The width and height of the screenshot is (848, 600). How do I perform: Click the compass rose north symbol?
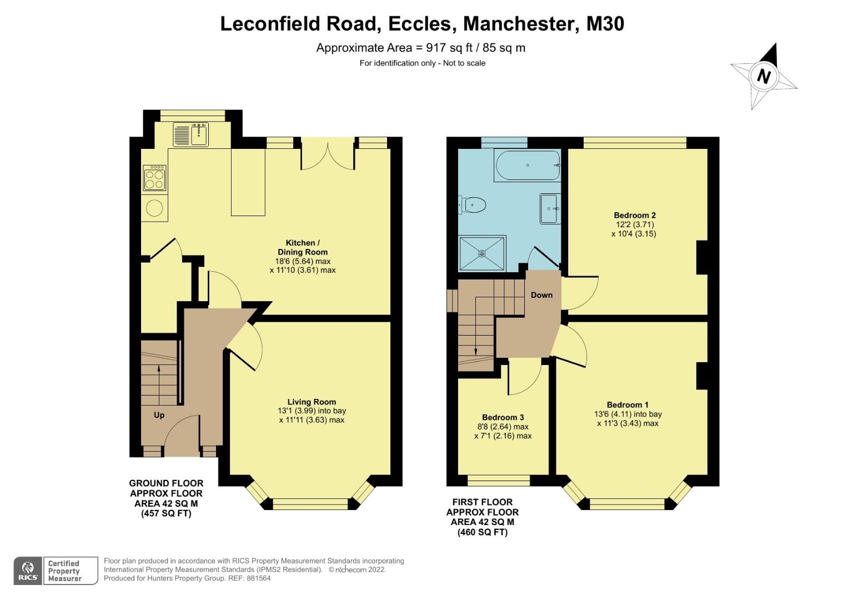pyautogui.click(x=764, y=76)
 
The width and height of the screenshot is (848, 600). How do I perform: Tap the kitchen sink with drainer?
pyautogui.click(x=190, y=134)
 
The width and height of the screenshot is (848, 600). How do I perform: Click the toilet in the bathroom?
pyautogui.click(x=473, y=205)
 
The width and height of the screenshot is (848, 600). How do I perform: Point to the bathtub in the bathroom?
pyautogui.click(x=527, y=166)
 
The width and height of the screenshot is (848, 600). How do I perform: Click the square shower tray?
pyautogui.click(x=482, y=254)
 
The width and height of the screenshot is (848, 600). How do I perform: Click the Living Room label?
pyautogui.click(x=312, y=402)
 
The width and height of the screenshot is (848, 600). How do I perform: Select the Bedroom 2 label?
pyautogui.click(x=635, y=215)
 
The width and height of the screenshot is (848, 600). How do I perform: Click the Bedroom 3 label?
pyautogui.click(x=503, y=417)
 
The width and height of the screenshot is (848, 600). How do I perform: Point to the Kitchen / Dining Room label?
pyautogui.click(x=303, y=247)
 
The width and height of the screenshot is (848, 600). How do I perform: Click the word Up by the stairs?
pyautogui.click(x=159, y=415)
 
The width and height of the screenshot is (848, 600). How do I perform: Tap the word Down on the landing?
pyautogui.click(x=541, y=295)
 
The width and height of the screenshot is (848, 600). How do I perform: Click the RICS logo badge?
pyautogui.click(x=28, y=571)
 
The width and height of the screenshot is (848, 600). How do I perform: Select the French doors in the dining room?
pyautogui.click(x=328, y=156)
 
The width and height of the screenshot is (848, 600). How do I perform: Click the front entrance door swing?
pyautogui.click(x=180, y=436)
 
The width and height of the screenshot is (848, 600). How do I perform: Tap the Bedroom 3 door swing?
pyautogui.click(x=525, y=378)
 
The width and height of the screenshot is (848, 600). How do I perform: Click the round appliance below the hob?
pyautogui.click(x=155, y=208)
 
